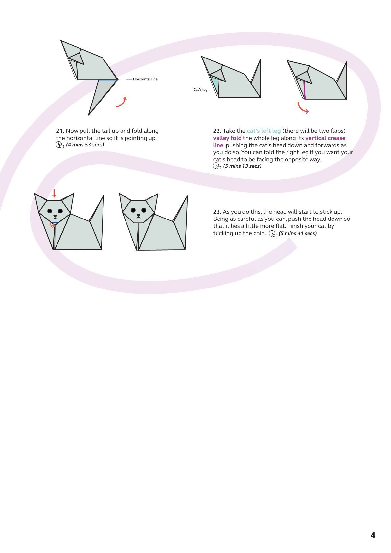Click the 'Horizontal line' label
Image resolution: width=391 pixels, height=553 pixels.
(145, 79)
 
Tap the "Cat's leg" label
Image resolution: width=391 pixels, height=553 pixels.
(200, 90)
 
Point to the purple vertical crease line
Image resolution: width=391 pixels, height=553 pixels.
(304, 90)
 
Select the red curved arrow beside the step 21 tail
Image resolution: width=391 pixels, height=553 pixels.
(121, 102)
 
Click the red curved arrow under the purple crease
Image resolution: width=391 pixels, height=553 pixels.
(303, 108)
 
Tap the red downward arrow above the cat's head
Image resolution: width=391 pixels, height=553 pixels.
(54, 193)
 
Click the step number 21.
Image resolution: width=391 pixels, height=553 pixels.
(60, 131)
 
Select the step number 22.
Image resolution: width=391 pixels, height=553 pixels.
(217, 131)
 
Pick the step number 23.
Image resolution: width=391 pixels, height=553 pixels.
(217, 212)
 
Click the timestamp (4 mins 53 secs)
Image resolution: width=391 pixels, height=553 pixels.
(85, 145)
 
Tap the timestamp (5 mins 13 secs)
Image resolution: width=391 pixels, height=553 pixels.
(242, 166)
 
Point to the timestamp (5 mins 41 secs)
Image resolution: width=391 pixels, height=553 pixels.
(298, 234)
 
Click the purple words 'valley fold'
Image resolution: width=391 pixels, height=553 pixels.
(227, 138)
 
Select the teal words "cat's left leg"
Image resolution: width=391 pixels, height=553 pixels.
(264, 131)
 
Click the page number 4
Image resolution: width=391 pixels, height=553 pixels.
(373, 535)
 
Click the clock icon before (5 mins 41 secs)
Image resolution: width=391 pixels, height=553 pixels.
(273, 234)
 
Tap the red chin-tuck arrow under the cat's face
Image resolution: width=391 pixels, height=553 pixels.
(52, 225)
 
